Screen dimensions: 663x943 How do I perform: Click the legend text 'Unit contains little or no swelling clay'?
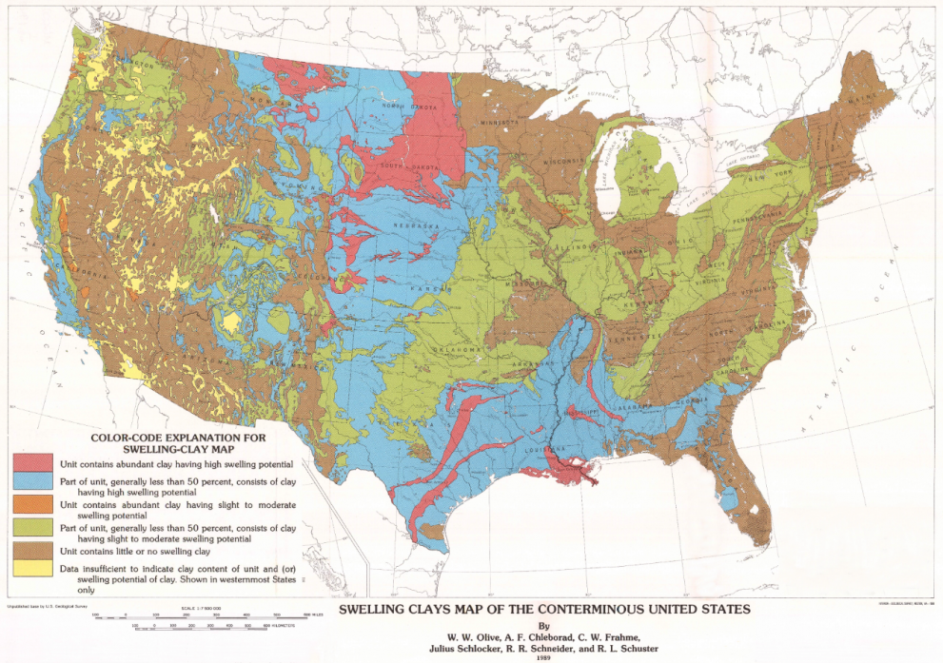point(147,551)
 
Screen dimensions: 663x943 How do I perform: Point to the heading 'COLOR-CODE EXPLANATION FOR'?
point(178,438)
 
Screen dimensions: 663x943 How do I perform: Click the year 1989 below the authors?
point(543,657)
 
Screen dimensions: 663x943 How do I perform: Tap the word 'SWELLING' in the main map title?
point(375,609)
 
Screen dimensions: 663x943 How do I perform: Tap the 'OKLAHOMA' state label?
point(457,350)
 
